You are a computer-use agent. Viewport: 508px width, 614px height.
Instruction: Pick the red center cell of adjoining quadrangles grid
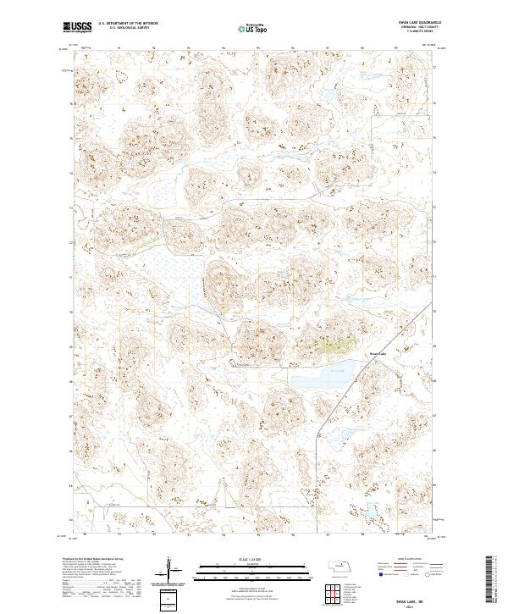(x=331, y=592)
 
